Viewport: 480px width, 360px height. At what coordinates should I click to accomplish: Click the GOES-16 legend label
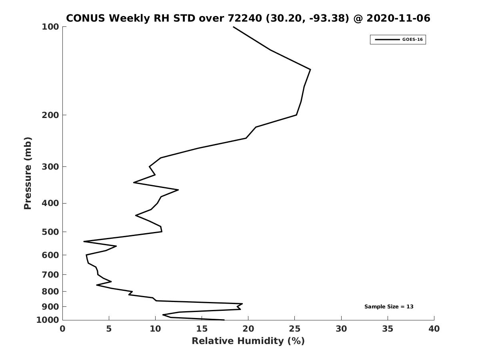[412, 40]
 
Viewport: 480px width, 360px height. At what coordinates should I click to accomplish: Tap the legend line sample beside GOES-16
[387, 40]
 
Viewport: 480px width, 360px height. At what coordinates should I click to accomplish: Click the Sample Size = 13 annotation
[389, 307]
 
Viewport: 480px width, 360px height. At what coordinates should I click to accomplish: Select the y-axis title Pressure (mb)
[28, 173]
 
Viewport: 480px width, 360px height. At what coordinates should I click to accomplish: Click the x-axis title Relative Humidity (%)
[248, 341]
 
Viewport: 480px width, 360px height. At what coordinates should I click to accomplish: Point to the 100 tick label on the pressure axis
[50, 27]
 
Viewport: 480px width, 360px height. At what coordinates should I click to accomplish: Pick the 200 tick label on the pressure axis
[50, 115]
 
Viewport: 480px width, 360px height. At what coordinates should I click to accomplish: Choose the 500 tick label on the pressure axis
[50, 232]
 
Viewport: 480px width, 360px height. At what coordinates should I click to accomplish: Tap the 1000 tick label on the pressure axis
[48, 320]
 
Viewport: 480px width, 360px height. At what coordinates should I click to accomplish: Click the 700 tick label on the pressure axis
[50, 274]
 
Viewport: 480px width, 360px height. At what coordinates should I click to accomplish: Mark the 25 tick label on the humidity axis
[294, 329]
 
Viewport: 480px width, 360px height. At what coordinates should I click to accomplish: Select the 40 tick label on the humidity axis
[434, 329]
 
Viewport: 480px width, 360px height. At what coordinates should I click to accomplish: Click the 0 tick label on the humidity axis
[62, 329]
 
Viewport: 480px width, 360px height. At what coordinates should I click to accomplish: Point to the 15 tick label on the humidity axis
[202, 329]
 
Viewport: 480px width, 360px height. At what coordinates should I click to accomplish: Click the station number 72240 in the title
[245, 18]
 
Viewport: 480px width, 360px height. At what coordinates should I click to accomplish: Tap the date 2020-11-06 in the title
[398, 18]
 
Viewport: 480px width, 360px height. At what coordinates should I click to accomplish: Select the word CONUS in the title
[86, 18]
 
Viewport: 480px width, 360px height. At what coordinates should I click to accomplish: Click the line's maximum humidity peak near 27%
[310, 70]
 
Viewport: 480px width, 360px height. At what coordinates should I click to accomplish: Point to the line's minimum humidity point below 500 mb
[84, 241]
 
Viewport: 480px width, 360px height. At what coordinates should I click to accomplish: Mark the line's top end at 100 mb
[233, 27]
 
